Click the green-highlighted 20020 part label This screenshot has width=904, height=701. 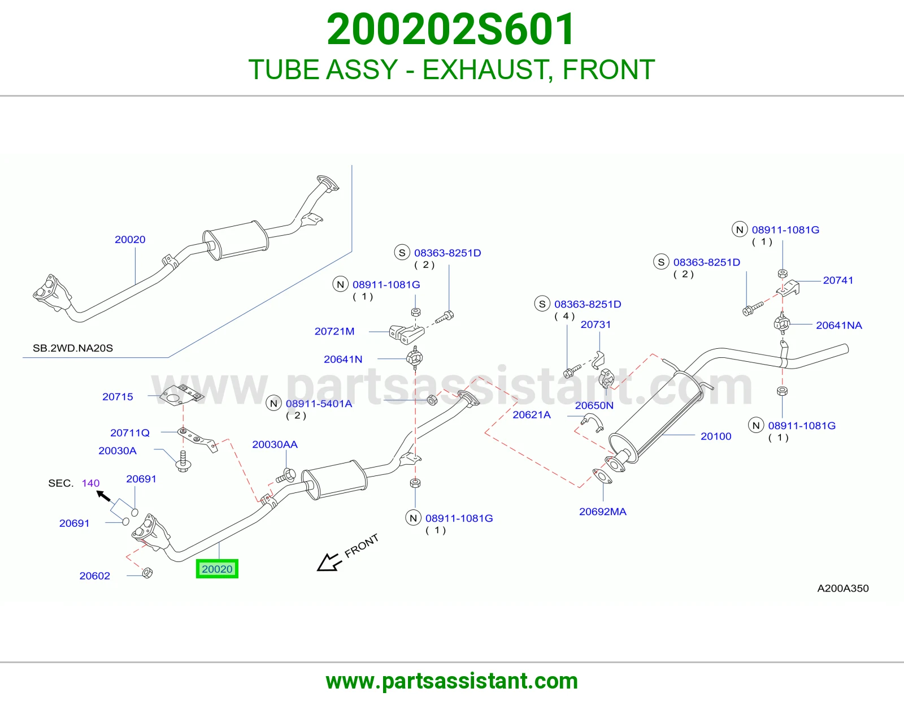pos(217,569)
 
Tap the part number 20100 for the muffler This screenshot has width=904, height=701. pos(715,436)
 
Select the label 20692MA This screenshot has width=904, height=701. pos(602,512)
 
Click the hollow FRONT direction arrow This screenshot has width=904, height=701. pos(329,562)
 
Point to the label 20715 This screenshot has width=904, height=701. pos(118,397)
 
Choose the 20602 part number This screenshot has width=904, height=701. pos(95,575)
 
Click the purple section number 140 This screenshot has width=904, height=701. pos(91,483)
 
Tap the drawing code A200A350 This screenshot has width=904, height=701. pos(843,588)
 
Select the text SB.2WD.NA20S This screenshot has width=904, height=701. pos(73,348)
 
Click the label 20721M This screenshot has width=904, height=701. pos(334,331)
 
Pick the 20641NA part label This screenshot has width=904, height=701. pos(838,326)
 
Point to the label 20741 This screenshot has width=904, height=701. pos(838,280)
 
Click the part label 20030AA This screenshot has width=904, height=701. pos(275,444)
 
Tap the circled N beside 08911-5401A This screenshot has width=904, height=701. pos(273,403)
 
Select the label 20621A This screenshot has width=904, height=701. pos(531,414)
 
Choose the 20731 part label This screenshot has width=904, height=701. pos(596,324)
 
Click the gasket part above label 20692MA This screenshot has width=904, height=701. pos(602,477)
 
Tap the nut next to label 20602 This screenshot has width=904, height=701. pos(147,573)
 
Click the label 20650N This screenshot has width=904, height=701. pos(594,405)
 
